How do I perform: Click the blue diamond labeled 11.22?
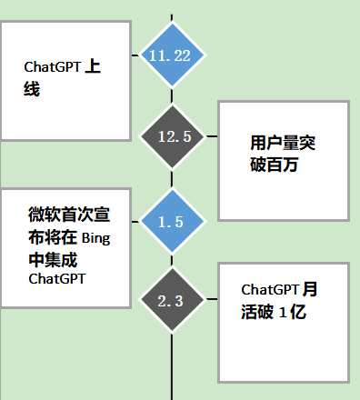pyautogui.click(x=172, y=55)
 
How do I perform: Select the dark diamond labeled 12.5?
pyautogui.click(x=173, y=136)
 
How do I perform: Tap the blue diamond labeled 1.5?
pyautogui.click(x=172, y=222)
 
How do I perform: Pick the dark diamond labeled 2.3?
pyautogui.click(x=172, y=301)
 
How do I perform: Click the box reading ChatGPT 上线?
pyautogui.click(x=66, y=79)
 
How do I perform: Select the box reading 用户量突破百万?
pyautogui.click(x=284, y=160)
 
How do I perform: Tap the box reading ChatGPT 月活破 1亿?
pyautogui.click(x=284, y=322)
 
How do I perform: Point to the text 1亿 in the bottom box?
pyautogui.click(x=295, y=312)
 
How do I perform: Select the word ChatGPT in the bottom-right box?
pyautogui.click(x=269, y=289)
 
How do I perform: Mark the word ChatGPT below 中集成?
pyautogui.click(x=56, y=279)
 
